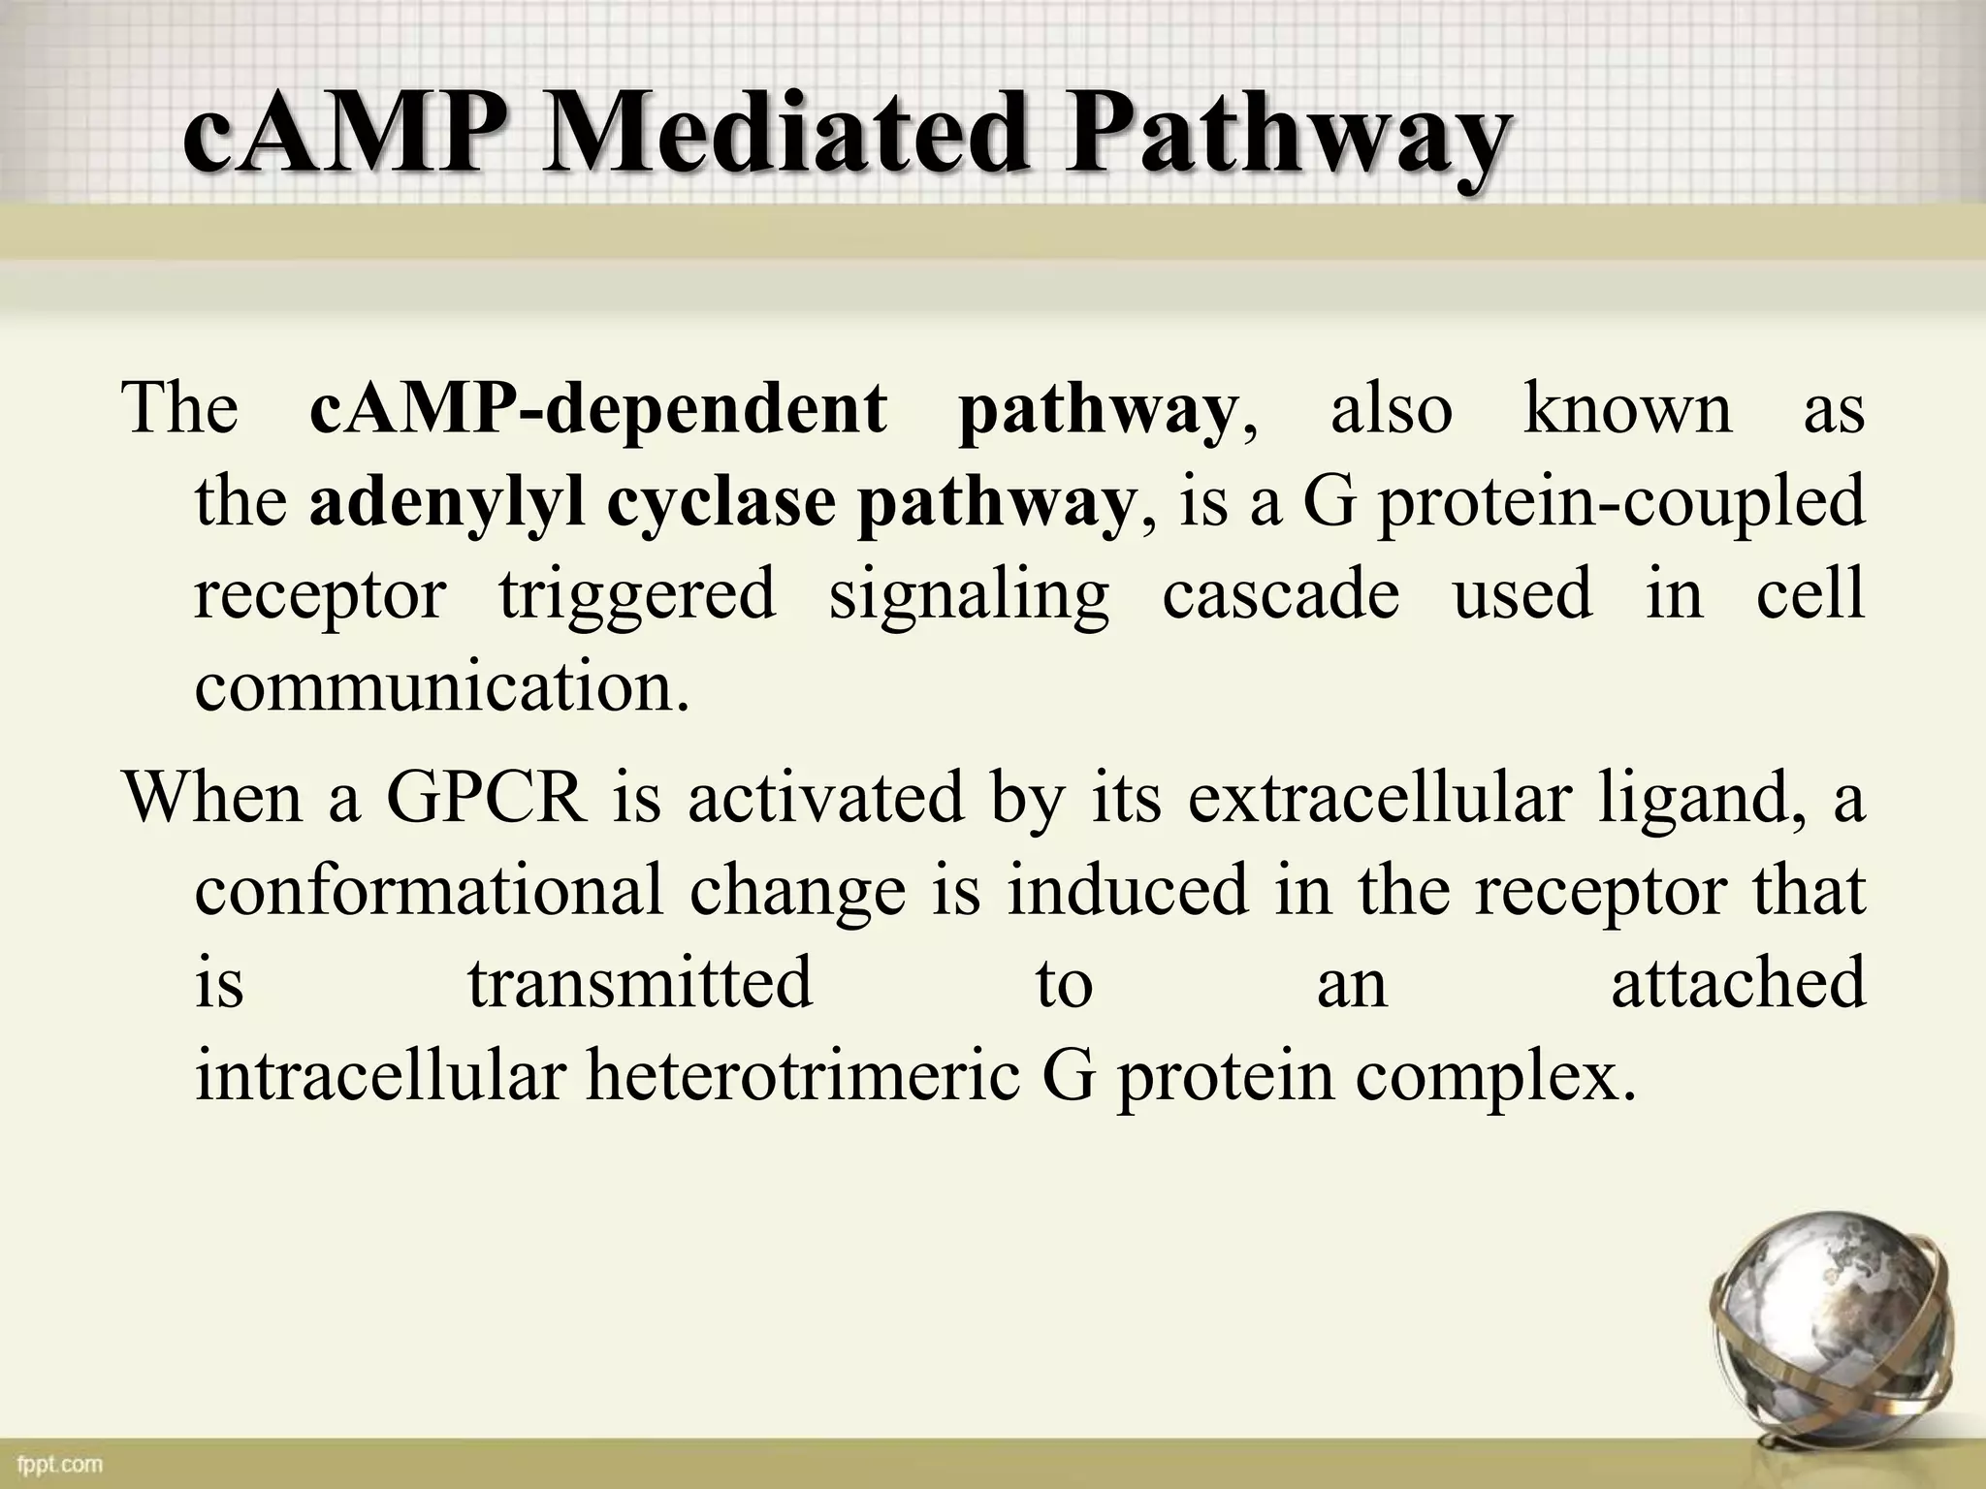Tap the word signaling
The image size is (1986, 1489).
pyautogui.click(x=969, y=595)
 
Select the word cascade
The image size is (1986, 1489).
pyautogui.click(x=1280, y=593)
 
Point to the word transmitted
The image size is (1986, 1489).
pyautogui.click(x=640, y=983)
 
